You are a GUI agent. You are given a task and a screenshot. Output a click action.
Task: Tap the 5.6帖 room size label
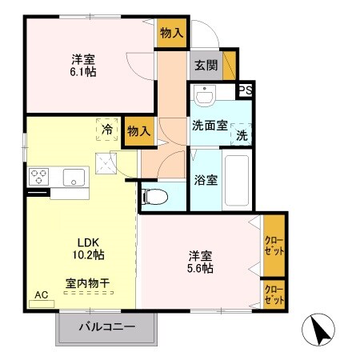tap(201, 269)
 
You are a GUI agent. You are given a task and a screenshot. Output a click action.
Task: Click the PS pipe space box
tap(246, 90)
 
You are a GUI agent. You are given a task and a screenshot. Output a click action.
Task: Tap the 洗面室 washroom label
tap(209, 125)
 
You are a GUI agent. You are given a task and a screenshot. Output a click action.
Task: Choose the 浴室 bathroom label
tap(205, 180)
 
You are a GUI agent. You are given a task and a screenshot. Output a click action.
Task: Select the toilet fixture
tap(156, 194)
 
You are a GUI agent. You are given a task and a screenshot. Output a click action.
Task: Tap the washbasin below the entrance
tap(206, 98)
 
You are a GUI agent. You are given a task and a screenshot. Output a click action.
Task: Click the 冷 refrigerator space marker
tap(107, 127)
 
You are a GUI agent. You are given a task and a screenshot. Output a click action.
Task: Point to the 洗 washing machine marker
tap(242, 135)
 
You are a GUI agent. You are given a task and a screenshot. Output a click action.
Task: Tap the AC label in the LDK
tap(40, 294)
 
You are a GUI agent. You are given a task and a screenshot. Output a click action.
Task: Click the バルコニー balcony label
tap(106, 326)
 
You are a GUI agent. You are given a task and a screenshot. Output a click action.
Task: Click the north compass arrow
tap(318, 329)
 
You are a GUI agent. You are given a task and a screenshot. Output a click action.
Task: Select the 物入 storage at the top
tap(172, 33)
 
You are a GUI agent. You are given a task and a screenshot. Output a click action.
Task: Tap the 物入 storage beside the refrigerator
tap(139, 131)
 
